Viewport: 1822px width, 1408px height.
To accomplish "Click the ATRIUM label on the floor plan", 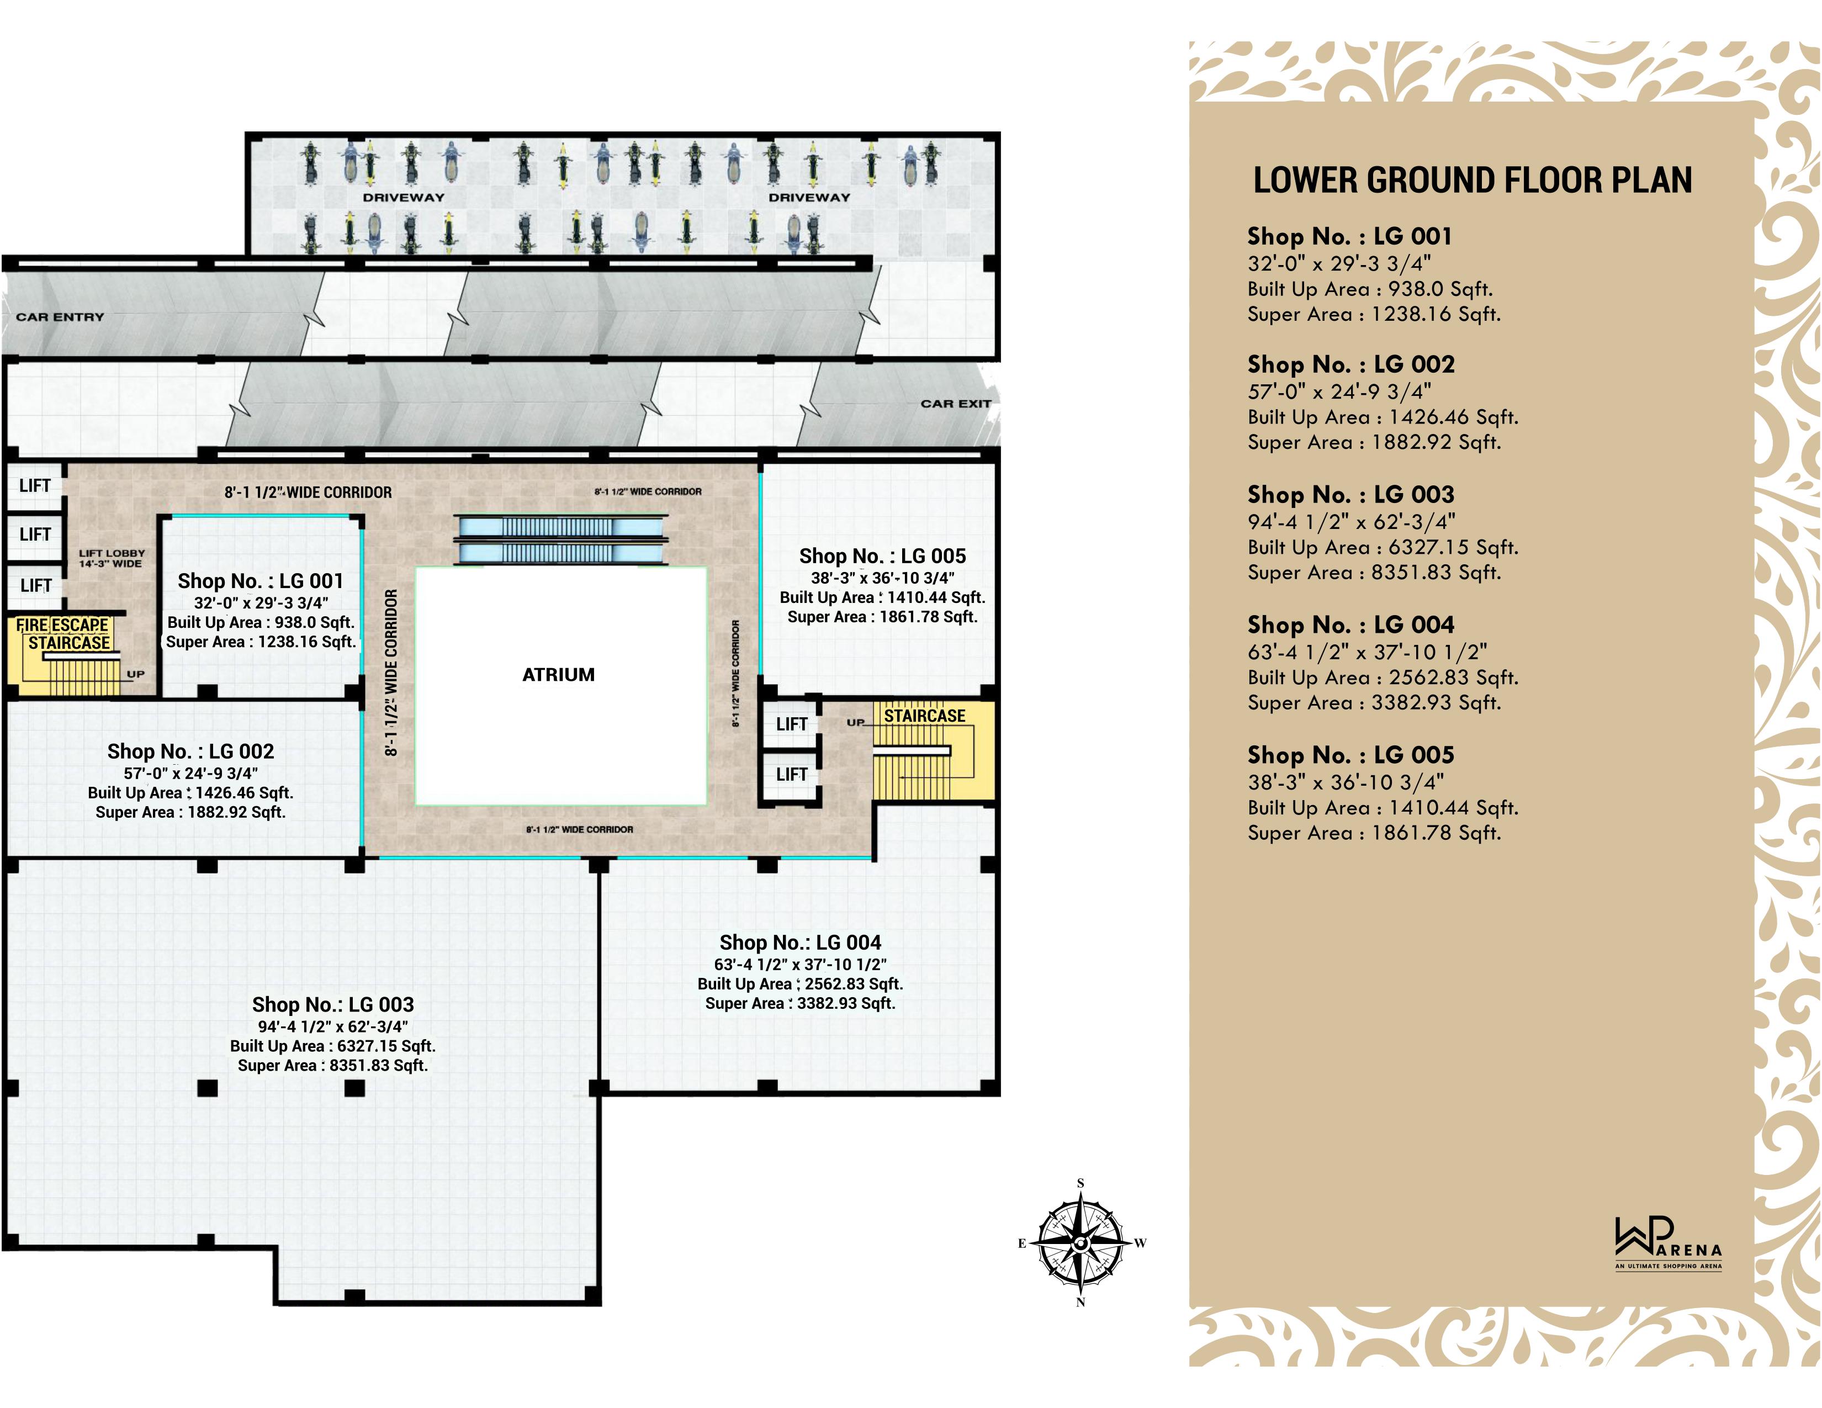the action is (558, 675).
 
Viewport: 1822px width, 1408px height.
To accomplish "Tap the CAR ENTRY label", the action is (60, 317).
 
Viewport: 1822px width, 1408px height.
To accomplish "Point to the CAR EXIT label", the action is (955, 404).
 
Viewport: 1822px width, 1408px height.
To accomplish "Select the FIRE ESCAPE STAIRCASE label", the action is (63, 634).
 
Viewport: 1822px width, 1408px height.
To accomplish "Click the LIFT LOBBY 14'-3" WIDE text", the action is (112, 558).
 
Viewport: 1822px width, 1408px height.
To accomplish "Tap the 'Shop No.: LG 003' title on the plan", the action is (333, 1004).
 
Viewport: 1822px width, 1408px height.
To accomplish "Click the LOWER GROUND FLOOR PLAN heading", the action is (1473, 180).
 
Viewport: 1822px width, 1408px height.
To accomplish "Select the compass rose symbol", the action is (1081, 1243).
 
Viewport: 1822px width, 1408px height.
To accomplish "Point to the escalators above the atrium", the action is (560, 539).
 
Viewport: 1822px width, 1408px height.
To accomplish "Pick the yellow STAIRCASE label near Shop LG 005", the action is (924, 716).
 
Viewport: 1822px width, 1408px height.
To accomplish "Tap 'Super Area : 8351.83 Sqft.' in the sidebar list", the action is (1374, 573).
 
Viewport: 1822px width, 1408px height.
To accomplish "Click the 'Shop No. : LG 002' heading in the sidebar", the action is (1350, 364).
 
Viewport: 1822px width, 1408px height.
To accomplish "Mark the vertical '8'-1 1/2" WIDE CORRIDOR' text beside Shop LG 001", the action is (391, 673).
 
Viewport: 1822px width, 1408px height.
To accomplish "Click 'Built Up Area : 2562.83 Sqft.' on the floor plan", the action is (800, 984).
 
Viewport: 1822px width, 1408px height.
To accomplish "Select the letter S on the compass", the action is (1081, 1183).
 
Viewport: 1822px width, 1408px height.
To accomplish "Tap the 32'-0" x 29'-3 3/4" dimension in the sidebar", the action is (1339, 263).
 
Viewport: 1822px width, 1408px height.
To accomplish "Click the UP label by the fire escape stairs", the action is (135, 674).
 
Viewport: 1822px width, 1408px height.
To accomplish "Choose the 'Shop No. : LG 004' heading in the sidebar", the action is (1350, 624).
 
